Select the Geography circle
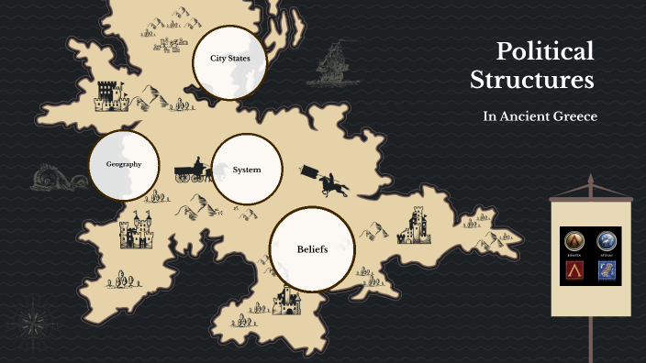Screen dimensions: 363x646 123,165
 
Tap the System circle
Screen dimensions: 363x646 246,170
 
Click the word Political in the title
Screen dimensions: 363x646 545,51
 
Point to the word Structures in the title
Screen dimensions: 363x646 532,81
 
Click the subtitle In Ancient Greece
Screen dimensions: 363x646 540,116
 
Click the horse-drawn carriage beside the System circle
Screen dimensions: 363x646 193,170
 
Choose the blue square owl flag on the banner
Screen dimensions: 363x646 607,269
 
